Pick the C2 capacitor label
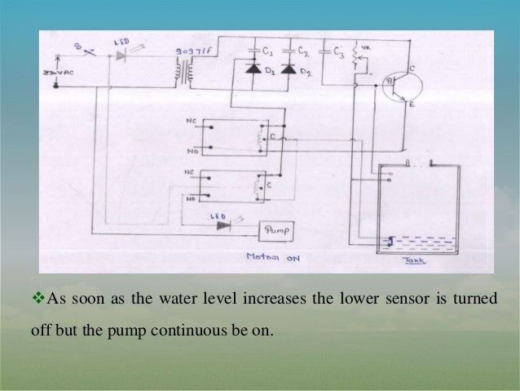303,50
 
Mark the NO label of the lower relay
190,198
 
